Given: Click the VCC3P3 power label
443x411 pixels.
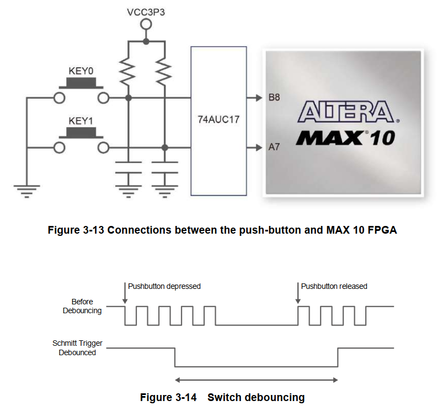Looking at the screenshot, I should [x=145, y=10].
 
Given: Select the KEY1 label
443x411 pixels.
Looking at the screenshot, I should [x=81, y=120].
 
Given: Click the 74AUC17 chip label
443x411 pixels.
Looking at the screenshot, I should [x=218, y=119].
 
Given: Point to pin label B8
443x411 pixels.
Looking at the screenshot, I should [x=274, y=98].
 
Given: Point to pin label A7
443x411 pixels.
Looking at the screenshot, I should [x=274, y=147].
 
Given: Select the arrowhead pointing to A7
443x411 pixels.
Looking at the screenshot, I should [x=258, y=148].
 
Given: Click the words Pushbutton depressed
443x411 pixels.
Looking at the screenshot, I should [x=164, y=286].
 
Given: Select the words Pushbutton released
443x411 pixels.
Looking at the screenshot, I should [x=334, y=286].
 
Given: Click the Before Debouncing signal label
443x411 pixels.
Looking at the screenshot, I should [x=82, y=306].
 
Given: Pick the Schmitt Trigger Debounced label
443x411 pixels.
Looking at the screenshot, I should [x=77, y=348].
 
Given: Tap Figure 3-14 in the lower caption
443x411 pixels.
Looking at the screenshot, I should [x=168, y=397].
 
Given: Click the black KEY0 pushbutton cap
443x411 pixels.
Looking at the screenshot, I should [x=82, y=83].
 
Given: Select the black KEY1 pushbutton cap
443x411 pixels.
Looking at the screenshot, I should [x=82, y=132].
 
